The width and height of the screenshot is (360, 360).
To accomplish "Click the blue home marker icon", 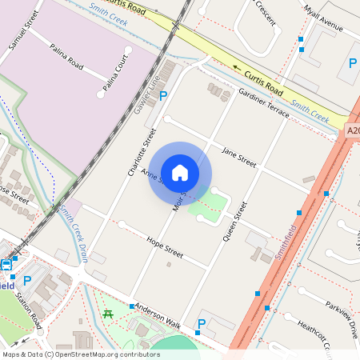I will click(180, 172).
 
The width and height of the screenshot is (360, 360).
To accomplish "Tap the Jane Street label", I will click(238, 156).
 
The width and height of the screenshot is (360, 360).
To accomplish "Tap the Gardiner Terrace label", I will click(263, 102).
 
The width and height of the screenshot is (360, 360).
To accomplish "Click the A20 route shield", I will click(352, 130).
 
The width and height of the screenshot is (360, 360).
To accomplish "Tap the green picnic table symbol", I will click(107, 314).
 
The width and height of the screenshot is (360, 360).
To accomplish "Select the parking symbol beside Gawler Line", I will click(164, 96).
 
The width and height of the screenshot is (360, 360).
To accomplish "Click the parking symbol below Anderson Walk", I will click(201, 324).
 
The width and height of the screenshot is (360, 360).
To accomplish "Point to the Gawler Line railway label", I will click(148, 94).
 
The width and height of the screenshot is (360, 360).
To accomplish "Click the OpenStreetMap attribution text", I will click(81, 354).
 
